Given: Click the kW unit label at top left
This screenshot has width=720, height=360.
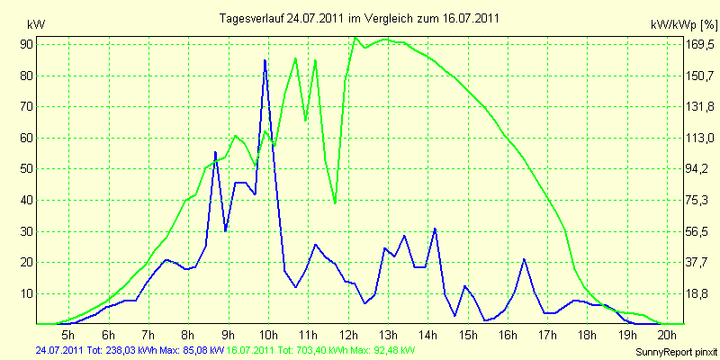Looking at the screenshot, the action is point(36,25).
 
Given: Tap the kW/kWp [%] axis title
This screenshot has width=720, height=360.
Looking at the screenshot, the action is point(683,25).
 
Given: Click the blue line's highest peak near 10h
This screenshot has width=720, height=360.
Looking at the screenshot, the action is point(265,60).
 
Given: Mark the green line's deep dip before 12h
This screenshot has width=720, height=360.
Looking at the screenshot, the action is point(335,202).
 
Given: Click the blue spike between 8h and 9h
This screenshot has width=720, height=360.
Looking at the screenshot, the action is point(215,152).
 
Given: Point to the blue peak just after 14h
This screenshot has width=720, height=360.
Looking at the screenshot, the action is point(435,229).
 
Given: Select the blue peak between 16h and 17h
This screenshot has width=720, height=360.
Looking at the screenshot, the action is point(524,260).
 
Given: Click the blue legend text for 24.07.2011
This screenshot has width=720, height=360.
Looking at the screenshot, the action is point(130,351).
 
